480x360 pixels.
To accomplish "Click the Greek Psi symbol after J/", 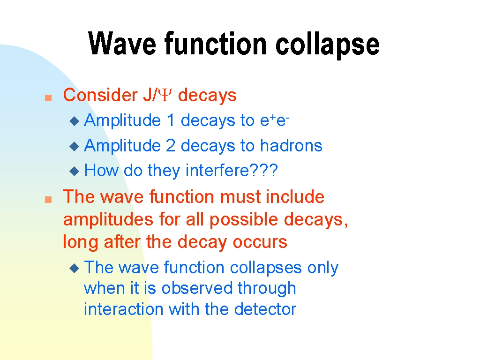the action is (x=166, y=95).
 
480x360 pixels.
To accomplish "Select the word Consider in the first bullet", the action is (x=100, y=95).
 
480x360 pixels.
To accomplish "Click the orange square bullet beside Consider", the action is (x=48, y=97).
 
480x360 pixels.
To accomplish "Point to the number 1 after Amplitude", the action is (x=171, y=120).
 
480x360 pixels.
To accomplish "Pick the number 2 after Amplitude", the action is (x=171, y=145).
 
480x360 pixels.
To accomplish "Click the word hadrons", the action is (x=291, y=145).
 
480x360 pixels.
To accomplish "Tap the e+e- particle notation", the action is (x=275, y=120).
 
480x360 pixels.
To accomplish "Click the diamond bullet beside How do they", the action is (x=75, y=171).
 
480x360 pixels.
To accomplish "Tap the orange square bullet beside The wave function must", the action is (x=48, y=200).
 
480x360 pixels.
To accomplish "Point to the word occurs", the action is (x=260, y=242).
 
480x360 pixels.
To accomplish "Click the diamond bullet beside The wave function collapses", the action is (x=75, y=269).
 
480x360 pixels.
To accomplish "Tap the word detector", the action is (x=265, y=309).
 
